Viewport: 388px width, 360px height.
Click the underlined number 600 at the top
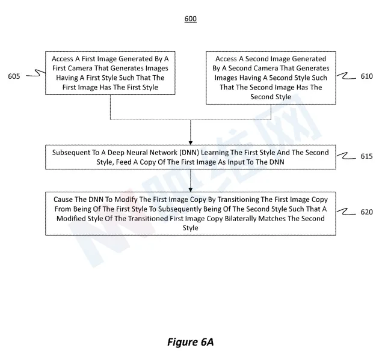(x=191, y=19)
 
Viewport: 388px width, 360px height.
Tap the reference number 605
(x=14, y=76)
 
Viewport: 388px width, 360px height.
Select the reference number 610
(x=366, y=76)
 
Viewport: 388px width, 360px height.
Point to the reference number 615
(x=366, y=156)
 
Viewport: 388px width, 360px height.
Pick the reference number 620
(x=366, y=212)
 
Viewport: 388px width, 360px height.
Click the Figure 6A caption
(x=190, y=342)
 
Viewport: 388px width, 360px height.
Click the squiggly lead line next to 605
(x=36, y=73)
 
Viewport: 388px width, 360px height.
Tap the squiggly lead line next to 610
(x=346, y=76)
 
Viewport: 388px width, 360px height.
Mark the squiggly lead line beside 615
(x=346, y=156)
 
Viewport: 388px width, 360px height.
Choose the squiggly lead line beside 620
(x=346, y=212)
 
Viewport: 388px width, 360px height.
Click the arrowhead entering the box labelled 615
(x=191, y=143)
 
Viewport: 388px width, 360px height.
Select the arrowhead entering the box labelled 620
(x=191, y=190)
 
